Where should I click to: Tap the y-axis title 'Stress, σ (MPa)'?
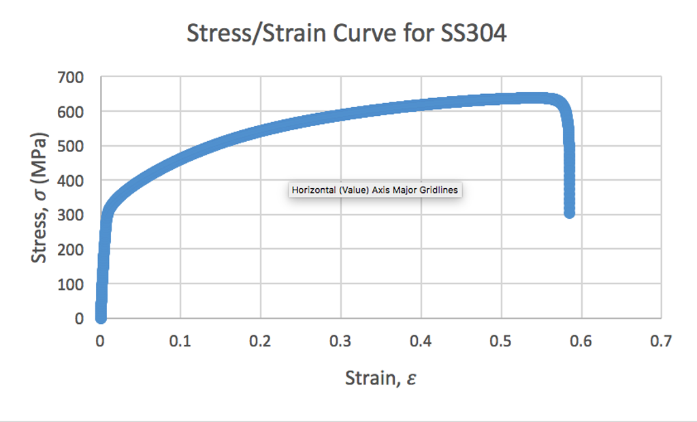pos(42,198)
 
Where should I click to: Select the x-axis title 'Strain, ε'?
pos(380,378)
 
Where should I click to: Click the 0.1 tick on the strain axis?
pos(180,341)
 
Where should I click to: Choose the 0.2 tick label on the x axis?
pos(260,341)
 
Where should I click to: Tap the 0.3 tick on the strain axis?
pos(340,341)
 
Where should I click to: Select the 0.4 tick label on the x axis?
pos(421,341)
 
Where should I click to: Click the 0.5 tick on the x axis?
pos(501,341)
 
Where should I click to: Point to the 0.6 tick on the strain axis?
pos(581,341)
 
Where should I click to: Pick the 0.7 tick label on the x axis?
pos(661,341)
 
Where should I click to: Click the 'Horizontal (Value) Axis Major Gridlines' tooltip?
pos(375,190)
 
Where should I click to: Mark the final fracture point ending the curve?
pos(570,213)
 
